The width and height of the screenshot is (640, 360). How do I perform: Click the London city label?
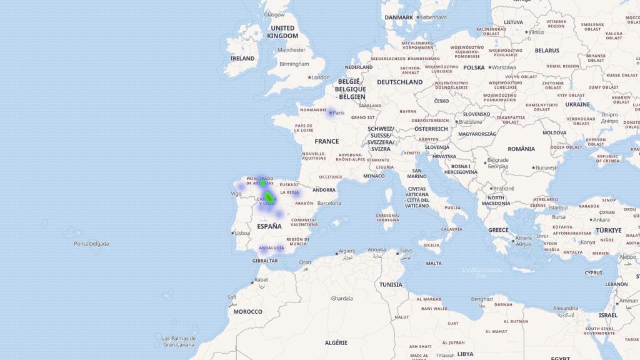[x=320, y=77]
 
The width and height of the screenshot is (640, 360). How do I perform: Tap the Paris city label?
[x=338, y=113]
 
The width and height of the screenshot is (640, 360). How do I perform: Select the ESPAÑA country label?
[x=269, y=226]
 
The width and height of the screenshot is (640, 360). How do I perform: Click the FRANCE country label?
[x=326, y=141]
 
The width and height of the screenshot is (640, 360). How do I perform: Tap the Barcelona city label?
[x=329, y=203]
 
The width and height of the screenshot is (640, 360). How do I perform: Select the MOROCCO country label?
[x=248, y=311]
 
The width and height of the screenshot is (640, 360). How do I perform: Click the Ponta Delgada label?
[x=91, y=244]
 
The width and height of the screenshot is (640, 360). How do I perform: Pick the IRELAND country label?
[x=242, y=59]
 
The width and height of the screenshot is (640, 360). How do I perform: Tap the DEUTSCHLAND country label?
[x=399, y=82]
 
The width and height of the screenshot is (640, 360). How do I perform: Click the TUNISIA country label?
[x=391, y=284]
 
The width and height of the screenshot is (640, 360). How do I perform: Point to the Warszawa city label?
[x=504, y=67]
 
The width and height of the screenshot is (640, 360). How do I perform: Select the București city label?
[x=546, y=167]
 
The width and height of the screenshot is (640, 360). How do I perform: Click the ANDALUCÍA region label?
[x=271, y=247]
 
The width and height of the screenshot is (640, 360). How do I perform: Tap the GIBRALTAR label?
[x=265, y=261]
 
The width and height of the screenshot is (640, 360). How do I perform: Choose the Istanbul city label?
[x=557, y=207]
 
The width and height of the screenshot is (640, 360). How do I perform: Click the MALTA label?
[x=434, y=263]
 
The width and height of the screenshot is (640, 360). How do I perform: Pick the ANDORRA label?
[x=324, y=190]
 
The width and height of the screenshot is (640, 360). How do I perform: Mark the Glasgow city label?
[x=274, y=14]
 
